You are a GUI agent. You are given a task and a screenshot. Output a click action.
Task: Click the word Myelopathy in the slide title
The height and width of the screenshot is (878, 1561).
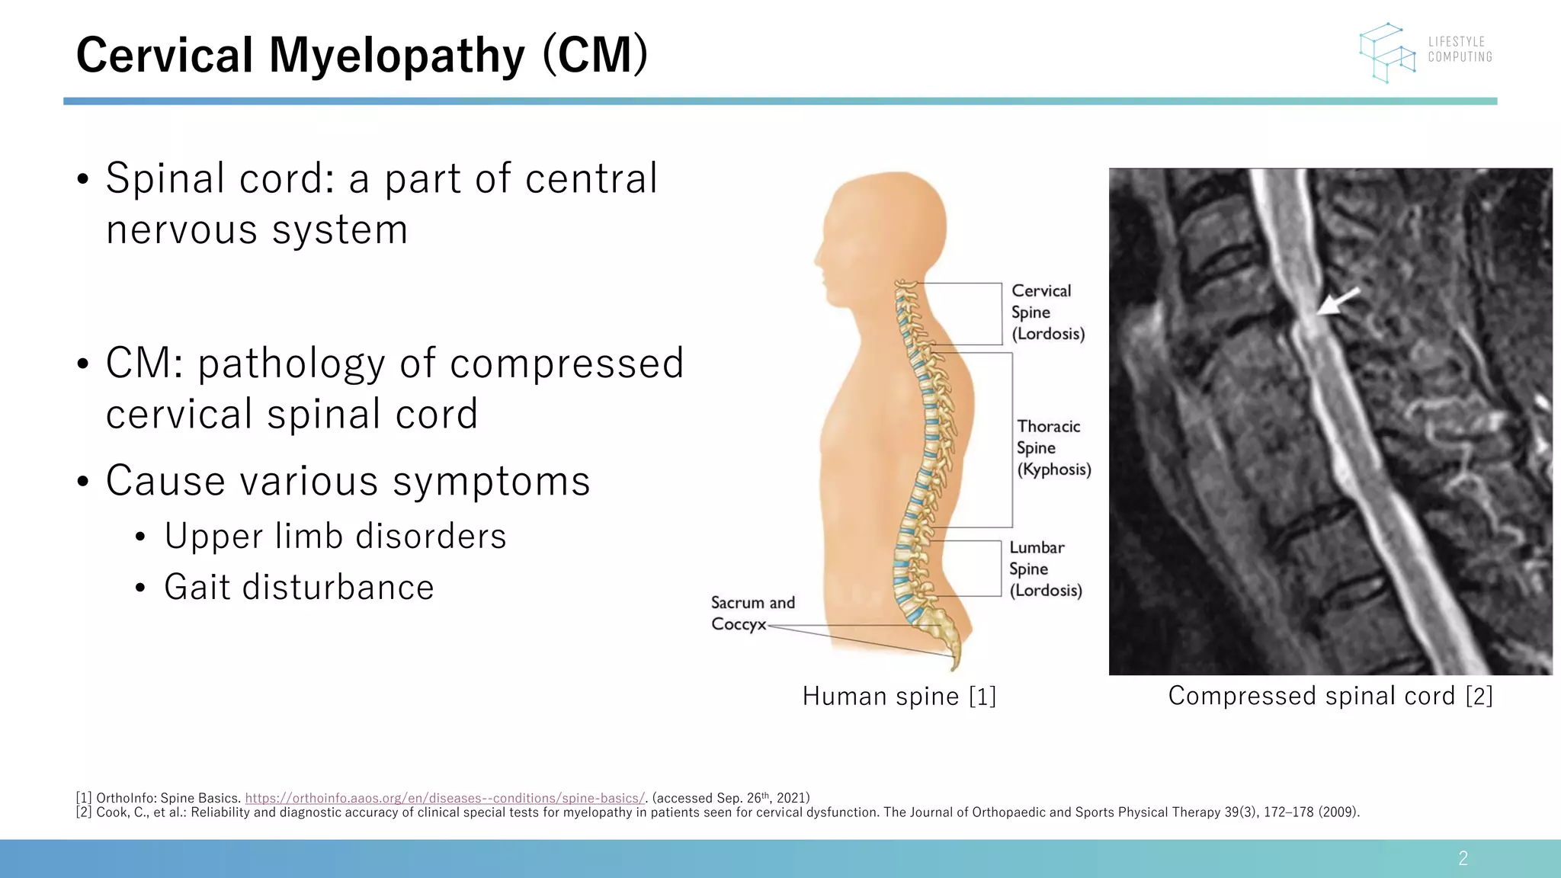coord(396,56)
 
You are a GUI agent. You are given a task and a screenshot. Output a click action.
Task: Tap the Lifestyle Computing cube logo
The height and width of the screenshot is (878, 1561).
coord(1387,52)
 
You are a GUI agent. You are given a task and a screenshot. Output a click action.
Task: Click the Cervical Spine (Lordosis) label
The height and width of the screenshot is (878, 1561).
coord(1047,312)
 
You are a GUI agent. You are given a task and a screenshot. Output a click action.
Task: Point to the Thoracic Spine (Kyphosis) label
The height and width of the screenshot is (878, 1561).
coord(1053,448)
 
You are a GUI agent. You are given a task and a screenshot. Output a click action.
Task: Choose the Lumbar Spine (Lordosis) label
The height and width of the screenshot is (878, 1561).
coord(1045,569)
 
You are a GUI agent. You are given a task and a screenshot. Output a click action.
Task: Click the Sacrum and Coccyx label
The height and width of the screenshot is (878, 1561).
coord(752,614)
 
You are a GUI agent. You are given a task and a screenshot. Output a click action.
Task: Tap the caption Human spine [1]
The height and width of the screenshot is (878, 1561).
coord(899,696)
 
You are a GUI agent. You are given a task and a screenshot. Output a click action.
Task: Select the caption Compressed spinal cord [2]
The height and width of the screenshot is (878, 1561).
coord(1330,696)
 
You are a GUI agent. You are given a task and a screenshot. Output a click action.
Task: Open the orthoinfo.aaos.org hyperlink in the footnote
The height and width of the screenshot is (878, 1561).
coord(445,798)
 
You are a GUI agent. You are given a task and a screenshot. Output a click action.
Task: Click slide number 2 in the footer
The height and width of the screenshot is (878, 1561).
coord(1463,859)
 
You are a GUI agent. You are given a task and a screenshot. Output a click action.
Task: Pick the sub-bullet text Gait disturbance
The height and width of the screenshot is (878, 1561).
coord(299,588)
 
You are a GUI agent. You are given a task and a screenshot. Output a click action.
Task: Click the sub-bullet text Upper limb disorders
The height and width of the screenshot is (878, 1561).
coord(335,536)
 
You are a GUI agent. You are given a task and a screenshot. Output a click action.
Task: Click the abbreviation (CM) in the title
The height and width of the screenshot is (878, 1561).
coord(595,56)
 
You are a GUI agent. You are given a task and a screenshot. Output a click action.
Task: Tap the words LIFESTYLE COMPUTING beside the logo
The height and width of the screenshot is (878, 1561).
coord(1460,50)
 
